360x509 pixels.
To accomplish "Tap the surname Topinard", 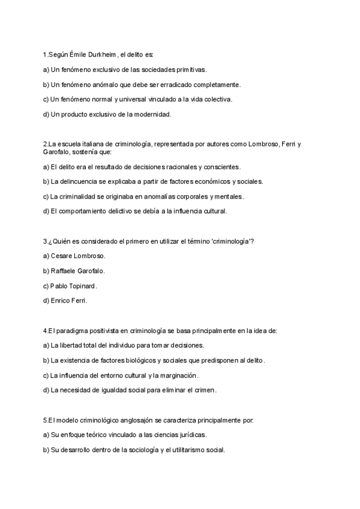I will click(x=82, y=286).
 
